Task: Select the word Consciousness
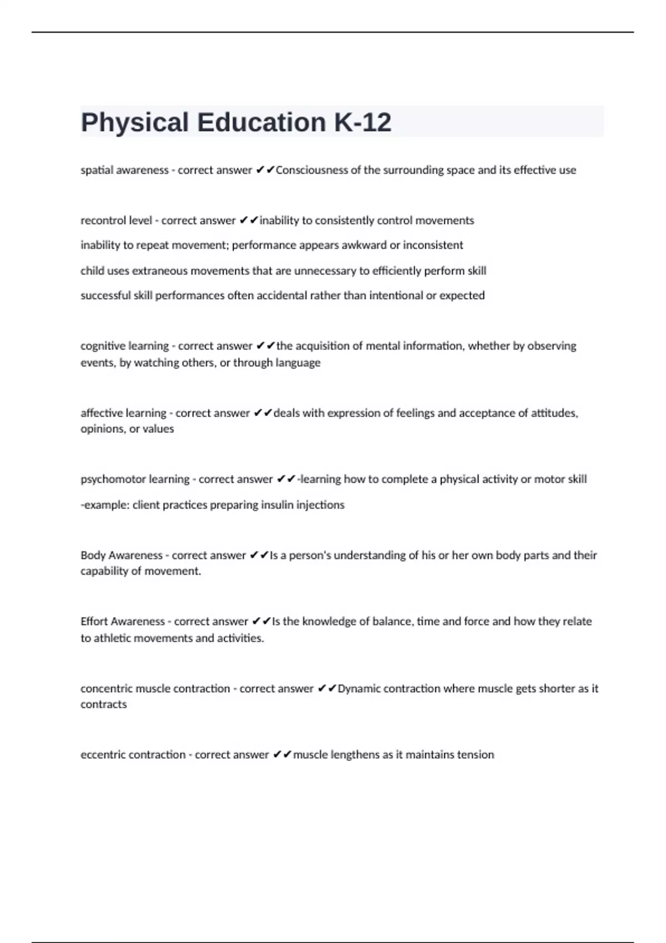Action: pyautogui.click(x=311, y=170)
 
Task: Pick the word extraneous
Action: pyautogui.click(x=160, y=271)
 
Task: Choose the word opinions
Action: pyautogui.click(x=102, y=429)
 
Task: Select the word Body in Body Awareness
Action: pyautogui.click(x=92, y=555)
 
